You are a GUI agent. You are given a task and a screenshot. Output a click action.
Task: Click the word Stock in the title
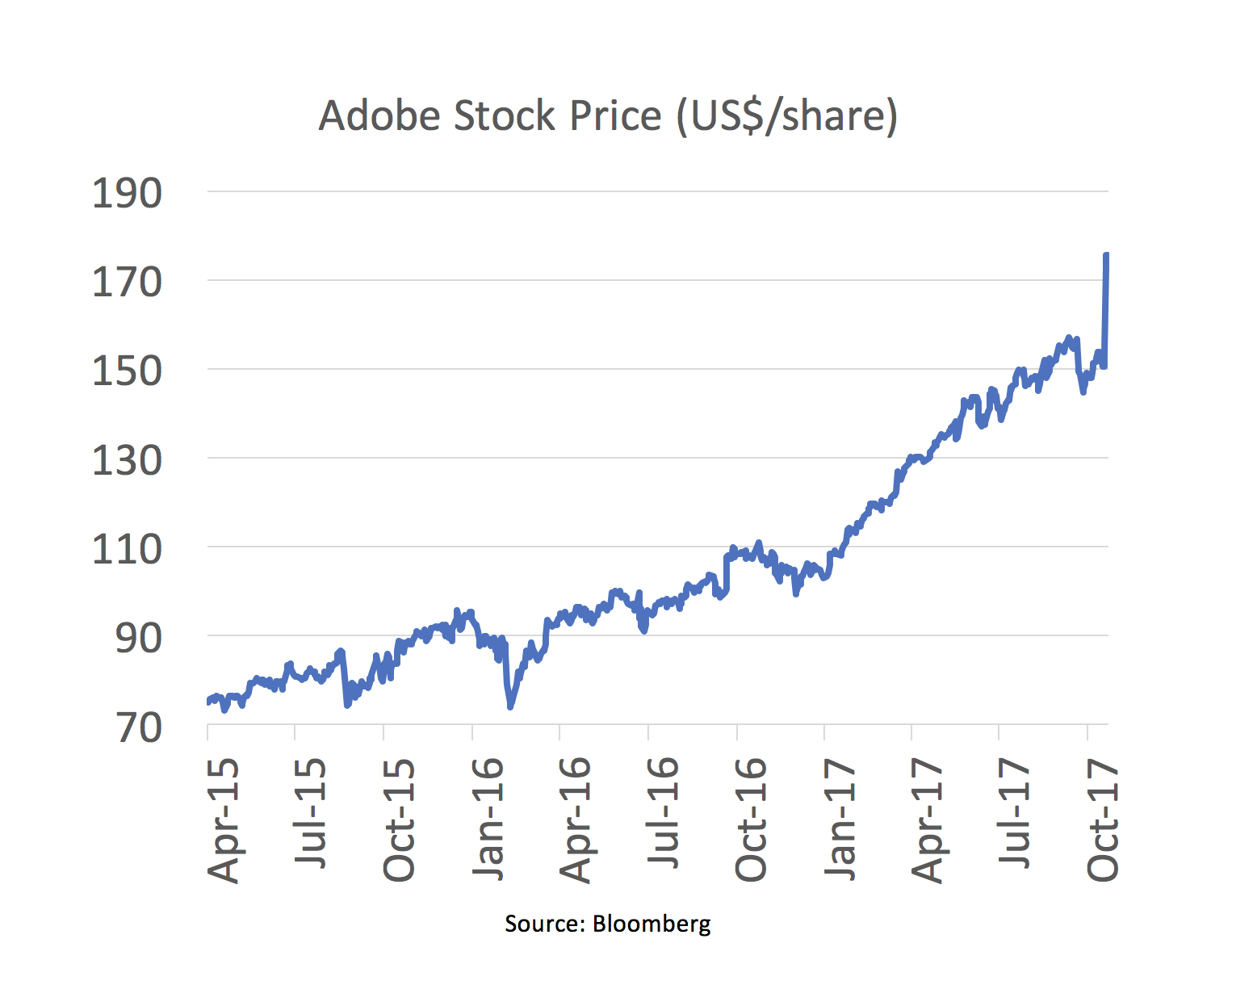tap(505, 115)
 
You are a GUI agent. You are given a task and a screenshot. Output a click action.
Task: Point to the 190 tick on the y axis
tap(127, 194)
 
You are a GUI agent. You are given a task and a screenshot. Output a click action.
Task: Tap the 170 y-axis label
tap(127, 283)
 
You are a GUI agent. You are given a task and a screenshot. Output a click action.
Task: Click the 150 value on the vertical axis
tap(127, 371)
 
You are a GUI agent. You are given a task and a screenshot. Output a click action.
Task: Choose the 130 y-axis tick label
tap(127, 461)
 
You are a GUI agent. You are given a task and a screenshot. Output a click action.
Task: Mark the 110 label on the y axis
tap(127, 550)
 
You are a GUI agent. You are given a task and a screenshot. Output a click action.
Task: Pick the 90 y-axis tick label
tap(138, 639)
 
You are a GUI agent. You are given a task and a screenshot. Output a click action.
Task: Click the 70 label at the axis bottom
tap(138, 727)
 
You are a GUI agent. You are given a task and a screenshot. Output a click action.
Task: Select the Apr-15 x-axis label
tap(224, 819)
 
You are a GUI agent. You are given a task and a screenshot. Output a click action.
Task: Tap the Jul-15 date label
tap(311, 813)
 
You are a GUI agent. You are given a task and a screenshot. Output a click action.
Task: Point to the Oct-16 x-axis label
tap(752, 819)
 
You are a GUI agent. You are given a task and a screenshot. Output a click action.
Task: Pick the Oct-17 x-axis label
tap(1104, 819)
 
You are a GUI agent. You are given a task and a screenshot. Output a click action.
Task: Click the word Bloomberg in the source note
tap(652, 924)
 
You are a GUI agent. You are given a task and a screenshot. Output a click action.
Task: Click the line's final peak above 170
tap(1106, 254)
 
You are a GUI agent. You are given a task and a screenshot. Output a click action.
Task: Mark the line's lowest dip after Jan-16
tap(510, 707)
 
